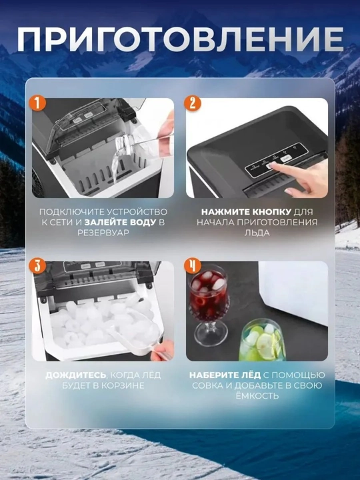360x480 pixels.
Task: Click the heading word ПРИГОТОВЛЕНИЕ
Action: click(180, 39)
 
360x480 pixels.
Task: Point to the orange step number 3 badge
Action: click(37, 266)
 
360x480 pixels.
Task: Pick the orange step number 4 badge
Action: click(192, 266)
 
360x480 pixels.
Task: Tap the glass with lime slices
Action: click(262, 341)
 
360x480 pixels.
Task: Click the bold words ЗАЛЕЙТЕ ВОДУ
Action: click(120, 222)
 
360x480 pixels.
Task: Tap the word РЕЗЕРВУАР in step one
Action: click(103, 233)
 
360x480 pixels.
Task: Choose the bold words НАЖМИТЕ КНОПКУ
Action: click(247, 212)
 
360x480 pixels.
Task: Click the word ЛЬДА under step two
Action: click(257, 233)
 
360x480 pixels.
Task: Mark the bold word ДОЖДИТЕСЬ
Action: click(76, 375)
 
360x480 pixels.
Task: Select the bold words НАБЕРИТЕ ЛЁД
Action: click(225, 375)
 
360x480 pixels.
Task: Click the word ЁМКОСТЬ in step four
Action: click(257, 395)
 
